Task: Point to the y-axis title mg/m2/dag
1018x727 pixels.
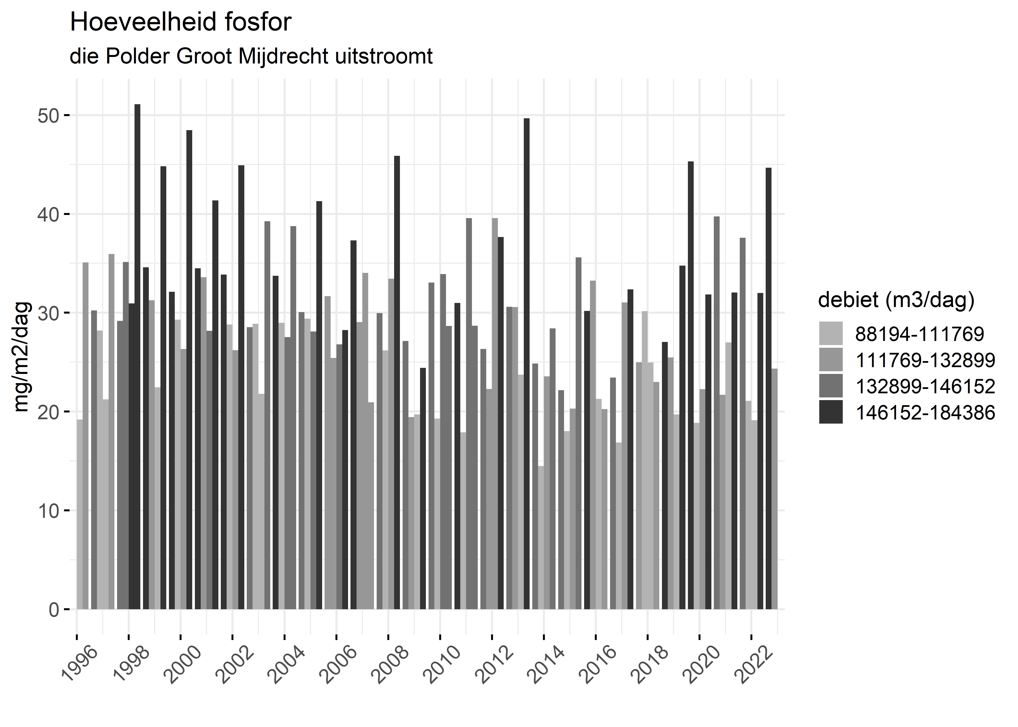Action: point(22,357)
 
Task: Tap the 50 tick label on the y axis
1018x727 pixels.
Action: point(48,116)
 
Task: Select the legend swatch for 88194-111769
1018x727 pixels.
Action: point(830,333)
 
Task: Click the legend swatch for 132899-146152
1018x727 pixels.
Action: point(830,386)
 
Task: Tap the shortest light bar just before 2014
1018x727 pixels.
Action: point(541,537)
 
